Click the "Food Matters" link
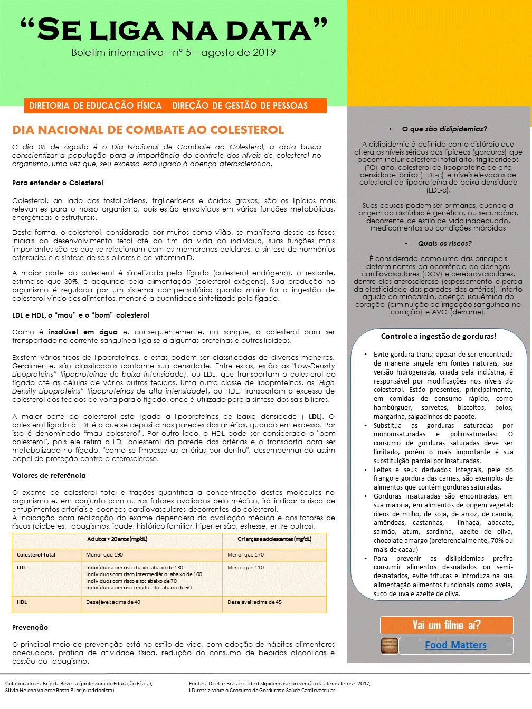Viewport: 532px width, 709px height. point(455,645)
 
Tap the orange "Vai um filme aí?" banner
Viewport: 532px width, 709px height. point(446,625)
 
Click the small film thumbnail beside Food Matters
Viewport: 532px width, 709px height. point(389,645)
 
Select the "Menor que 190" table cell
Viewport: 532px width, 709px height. point(104,555)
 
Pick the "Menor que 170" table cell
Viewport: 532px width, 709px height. point(245,555)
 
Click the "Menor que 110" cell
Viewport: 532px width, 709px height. point(245,568)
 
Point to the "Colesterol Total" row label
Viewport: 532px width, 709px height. point(36,555)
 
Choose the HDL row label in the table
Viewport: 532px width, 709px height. point(22,602)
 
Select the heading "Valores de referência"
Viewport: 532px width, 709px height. point(49,476)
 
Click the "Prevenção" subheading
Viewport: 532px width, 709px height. point(30,628)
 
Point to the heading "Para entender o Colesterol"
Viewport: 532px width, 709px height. point(58,183)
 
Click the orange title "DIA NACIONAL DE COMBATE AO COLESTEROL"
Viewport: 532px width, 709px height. point(148,130)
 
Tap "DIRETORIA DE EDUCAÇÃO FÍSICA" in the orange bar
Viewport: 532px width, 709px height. point(96,106)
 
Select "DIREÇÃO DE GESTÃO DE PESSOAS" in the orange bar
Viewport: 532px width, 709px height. point(240,106)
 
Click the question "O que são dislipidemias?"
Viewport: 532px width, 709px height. point(444,129)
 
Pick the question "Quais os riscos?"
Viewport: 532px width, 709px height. point(444,243)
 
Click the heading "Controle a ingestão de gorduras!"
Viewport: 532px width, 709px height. point(439,336)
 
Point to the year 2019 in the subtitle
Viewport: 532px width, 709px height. point(264,52)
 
